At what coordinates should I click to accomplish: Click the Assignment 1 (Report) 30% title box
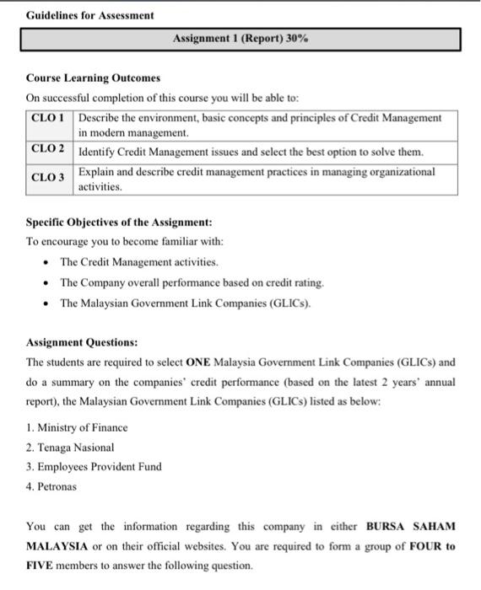click(x=241, y=39)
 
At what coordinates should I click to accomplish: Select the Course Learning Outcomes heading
click(x=93, y=78)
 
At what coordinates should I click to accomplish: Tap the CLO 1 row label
click(x=48, y=118)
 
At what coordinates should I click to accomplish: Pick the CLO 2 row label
click(x=48, y=149)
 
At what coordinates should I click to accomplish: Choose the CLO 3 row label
click(x=48, y=178)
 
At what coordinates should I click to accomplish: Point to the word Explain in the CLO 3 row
click(x=96, y=171)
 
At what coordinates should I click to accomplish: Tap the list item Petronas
click(x=51, y=486)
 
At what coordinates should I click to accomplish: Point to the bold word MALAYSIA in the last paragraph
click(x=58, y=546)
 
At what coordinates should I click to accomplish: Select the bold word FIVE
click(x=40, y=566)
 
